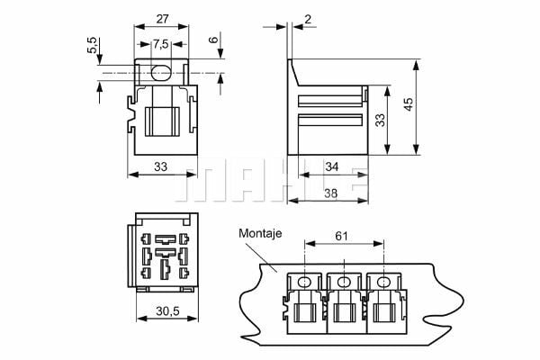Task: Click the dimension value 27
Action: (x=161, y=17)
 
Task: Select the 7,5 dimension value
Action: (x=159, y=44)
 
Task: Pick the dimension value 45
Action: (x=409, y=105)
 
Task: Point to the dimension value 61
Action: (x=341, y=237)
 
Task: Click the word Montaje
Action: (x=260, y=233)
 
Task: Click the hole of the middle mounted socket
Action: (x=345, y=282)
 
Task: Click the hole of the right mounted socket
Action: (x=385, y=282)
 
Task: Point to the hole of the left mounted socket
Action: (x=304, y=282)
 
